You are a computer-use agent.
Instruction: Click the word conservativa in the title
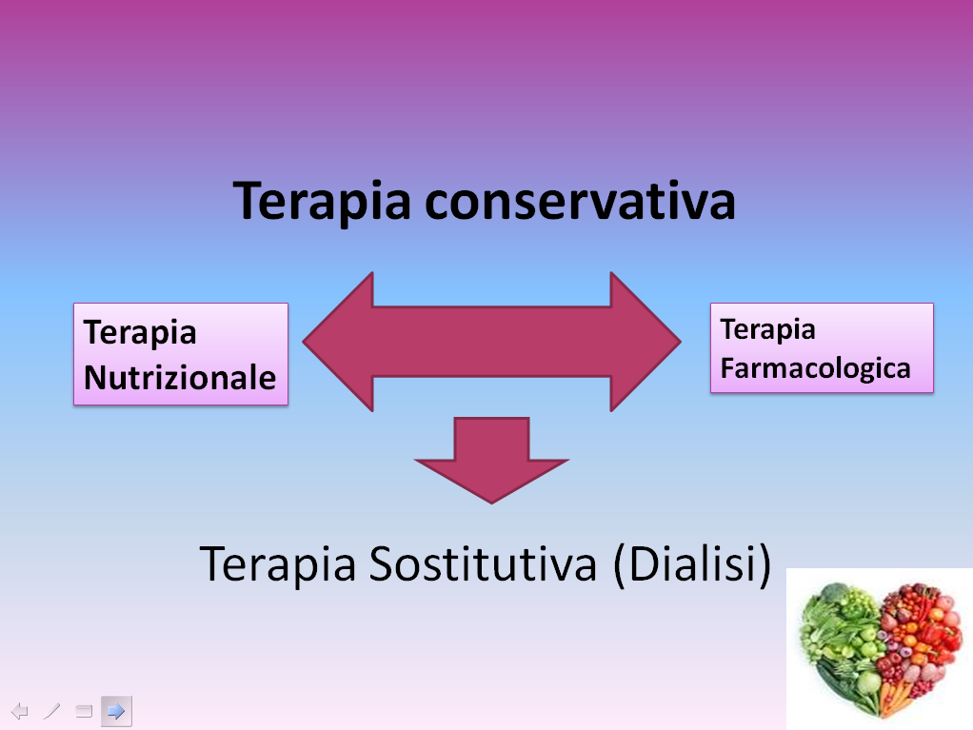(x=580, y=200)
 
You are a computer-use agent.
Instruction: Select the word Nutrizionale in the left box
(x=180, y=377)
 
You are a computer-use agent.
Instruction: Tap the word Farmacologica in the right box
(x=815, y=368)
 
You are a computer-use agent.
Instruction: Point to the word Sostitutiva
(x=483, y=563)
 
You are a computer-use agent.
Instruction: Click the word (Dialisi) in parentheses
(x=692, y=563)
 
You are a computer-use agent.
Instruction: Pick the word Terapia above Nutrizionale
(x=140, y=333)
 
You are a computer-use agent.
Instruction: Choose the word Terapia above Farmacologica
(x=767, y=330)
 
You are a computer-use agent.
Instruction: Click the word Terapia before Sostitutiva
(x=278, y=565)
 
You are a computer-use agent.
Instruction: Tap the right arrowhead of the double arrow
(x=645, y=341)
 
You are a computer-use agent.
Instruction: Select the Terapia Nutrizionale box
(x=181, y=354)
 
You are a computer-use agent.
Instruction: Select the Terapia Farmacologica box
(x=822, y=348)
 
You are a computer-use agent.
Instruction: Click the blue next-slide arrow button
(x=116, y=711)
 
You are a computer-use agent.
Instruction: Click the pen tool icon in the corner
(x=52, y=711)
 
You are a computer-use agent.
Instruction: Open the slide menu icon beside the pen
(x=84, y=711)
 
